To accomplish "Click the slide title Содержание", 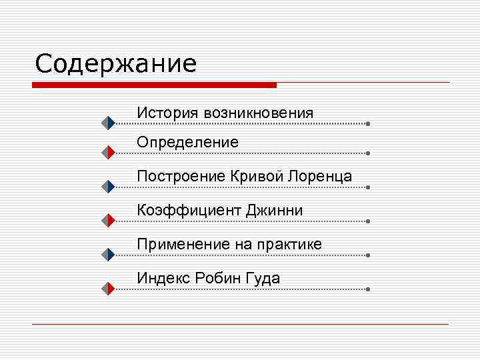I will tap(116, 65).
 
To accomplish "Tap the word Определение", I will tap(187, 142).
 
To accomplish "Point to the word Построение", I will tap(181, 177).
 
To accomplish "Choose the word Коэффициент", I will tap(189, 211).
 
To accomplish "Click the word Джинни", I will tap(275, 211).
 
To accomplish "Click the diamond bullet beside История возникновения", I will tap(109, 123).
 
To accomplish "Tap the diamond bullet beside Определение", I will tap(109, 153).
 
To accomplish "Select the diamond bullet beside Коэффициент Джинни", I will tap(109, 221).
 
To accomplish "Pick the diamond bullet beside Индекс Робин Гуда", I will tap(109, 289).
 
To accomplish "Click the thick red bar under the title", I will tap(154, 85).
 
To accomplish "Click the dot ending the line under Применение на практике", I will tap(368, 255).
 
